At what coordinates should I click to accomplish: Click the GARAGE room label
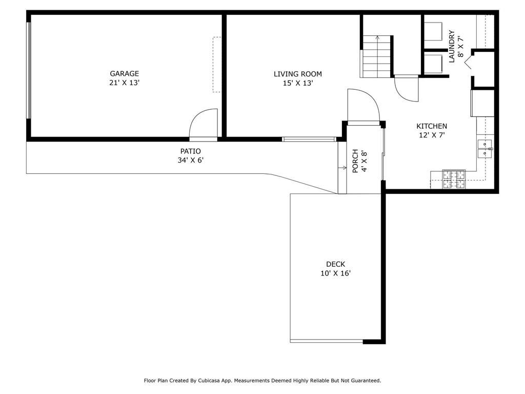pos(124,74)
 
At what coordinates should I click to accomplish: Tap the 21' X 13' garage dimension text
pos(124,83)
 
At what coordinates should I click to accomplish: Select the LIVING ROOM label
pos(298,74)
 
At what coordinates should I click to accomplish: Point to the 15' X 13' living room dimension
pos(298,83)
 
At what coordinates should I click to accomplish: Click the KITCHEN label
pos(432,126)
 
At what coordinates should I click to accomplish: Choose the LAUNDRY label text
pos(452,47)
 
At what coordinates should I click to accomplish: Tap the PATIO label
pos(191,151)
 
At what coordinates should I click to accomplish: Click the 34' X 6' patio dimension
pos(191,160)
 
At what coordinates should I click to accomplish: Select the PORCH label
pos(355,161)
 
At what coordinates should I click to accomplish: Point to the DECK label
pos(335,264)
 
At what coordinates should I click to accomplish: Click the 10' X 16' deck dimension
pos(335,273)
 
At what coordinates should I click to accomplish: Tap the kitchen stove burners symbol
pos(454,179)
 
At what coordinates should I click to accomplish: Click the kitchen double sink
pos(484,148)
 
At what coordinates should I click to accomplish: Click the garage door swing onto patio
pos(203,123)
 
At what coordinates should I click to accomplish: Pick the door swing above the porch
pos(364,105)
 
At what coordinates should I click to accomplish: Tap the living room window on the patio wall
pos(309,139)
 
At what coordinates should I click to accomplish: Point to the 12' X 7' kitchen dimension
pos(432,135)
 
